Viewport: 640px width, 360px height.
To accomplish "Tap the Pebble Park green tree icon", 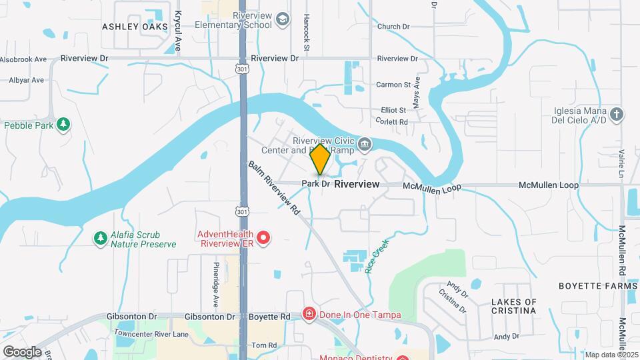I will (x=63, y=123).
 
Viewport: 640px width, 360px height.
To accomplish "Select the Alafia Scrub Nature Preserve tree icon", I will (x=101, y=237).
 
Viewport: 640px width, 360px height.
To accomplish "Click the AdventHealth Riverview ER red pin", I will (x=263, y=237).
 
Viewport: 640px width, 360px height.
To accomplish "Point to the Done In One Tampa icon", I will (x=309, y=313).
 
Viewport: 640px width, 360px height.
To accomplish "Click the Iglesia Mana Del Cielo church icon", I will (x=617, y=114).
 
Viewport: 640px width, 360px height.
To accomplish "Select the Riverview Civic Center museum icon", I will (x=365, y=143).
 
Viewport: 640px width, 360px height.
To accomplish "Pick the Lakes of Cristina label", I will (x=514, y=307).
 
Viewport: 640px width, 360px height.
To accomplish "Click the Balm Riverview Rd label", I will (x=275, y=191).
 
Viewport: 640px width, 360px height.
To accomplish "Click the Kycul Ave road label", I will (x=178, y=31).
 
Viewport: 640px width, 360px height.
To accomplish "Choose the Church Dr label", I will (x=393, y=27).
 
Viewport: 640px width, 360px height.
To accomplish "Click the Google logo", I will (x=22, y=351).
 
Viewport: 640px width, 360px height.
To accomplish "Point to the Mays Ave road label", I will (x=417, y=92).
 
